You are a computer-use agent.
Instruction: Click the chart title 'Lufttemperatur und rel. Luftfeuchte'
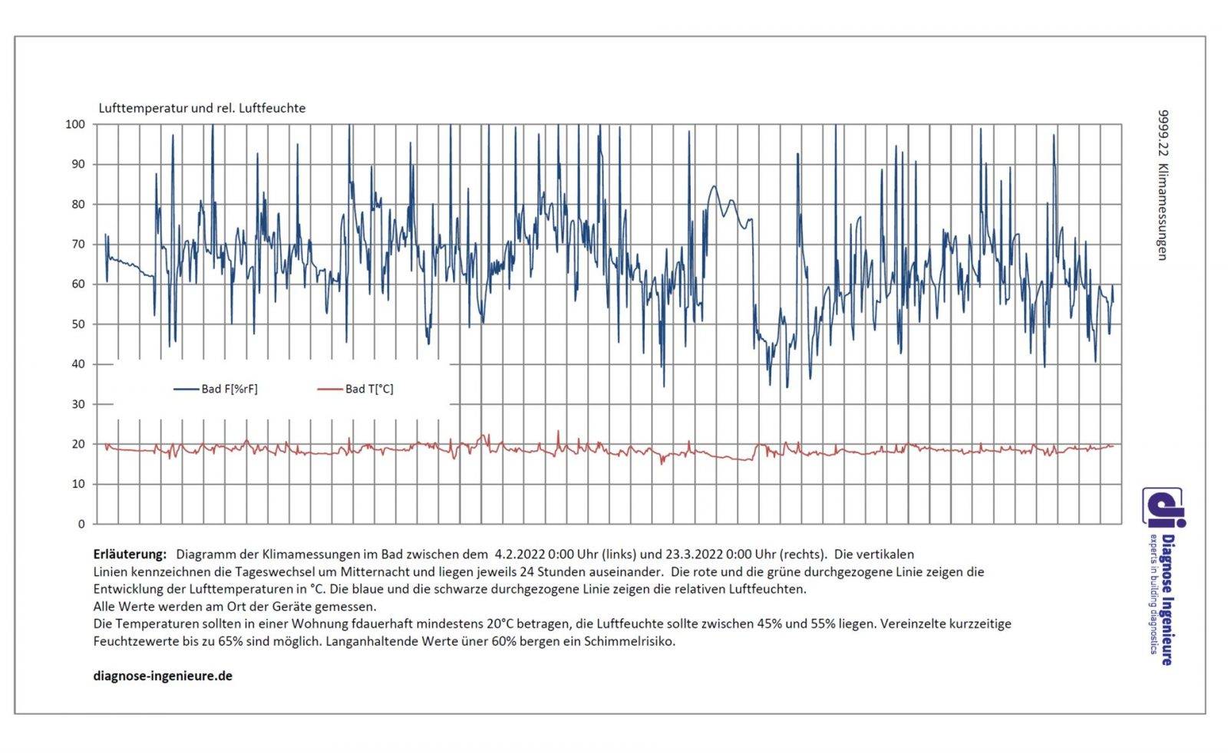pos(202,108)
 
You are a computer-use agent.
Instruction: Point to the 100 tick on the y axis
pos(75,124)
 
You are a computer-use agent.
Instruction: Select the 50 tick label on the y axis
pos(78,324)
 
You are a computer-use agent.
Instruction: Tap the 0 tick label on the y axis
pos(81,524)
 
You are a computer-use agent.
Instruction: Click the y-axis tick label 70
pos(78,245)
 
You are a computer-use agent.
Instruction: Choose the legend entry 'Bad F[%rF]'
pos(229,389)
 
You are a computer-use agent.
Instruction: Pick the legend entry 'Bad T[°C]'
pos(369,389)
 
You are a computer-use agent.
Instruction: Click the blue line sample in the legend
pos(186,389)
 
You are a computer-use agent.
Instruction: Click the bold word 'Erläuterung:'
pos(130,554)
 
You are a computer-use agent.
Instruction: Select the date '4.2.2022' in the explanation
pos(519,554)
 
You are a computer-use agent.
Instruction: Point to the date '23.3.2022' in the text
pos(692,554)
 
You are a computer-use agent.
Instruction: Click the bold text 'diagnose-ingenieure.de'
pos(163,676)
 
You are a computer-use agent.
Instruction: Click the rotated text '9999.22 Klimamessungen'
pos(1163,185)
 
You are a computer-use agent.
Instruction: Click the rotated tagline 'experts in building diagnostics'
pos(1152,594)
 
